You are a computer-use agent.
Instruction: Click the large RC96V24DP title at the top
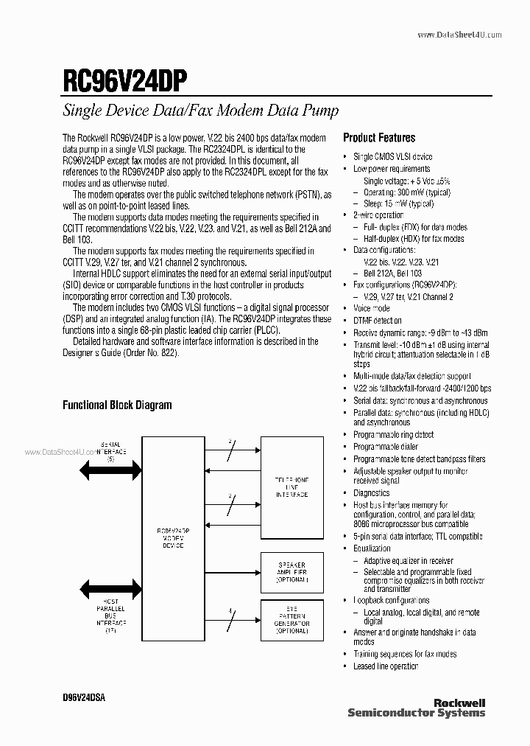[x=126, y=78]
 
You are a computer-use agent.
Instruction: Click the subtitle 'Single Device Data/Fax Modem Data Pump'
[x=200, y=111]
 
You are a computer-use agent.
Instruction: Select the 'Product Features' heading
[x=379, y=138]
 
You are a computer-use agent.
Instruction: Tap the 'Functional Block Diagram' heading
[x=117, y=405]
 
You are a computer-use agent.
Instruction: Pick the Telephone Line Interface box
[x=291, y=487]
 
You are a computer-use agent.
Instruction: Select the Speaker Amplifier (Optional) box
[x=291, y=571]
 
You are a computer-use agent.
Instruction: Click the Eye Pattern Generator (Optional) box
[x=291, y=621]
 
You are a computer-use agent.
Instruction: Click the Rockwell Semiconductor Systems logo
[x=416, y=708]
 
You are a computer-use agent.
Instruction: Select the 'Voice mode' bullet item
[x=372, y=308]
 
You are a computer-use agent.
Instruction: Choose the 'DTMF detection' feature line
[x=378, y=321]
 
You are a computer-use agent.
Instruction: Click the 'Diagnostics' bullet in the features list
[x=371, y=493]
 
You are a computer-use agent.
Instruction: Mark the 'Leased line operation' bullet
[x=386, y=666]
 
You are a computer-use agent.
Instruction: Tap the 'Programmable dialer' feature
[x=385, y=447]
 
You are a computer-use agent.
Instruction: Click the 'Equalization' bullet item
[x=372, y=548]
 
